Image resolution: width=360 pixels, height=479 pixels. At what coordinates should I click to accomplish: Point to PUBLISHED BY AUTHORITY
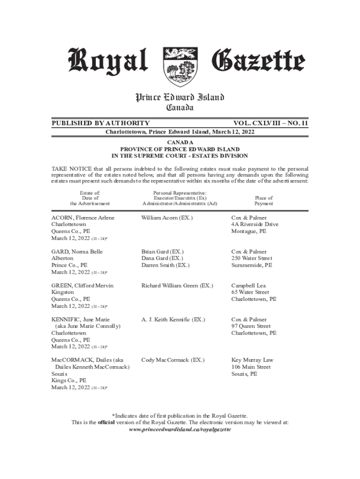(101, 123)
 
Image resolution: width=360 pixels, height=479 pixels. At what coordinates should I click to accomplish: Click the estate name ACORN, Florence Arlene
(83, 218)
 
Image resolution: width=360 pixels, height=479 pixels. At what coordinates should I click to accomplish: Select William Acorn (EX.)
(167, 218)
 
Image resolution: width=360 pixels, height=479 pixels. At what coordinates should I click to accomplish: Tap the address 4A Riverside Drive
(255, 225)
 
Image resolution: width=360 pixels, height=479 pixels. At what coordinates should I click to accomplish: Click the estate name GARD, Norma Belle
(77, 252)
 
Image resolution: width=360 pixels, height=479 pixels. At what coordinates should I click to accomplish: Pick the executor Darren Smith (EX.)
(165, 265)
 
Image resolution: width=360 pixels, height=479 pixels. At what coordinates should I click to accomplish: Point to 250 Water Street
(252, 258)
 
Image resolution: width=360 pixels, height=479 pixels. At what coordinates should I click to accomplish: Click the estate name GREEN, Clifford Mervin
(82, 285)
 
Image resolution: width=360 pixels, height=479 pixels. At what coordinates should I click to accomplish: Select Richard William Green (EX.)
(177, 285)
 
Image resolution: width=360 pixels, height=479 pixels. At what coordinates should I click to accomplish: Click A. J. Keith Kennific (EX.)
(173, 319)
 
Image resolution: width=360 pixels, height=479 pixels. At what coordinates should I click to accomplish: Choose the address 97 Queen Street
(251, 326)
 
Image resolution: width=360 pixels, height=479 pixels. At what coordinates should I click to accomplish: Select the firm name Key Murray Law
(252, 360)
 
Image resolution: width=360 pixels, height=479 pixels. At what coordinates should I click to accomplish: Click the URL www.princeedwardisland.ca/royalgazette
(180, 429)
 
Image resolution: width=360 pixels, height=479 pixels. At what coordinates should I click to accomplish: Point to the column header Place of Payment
(264, 201)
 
